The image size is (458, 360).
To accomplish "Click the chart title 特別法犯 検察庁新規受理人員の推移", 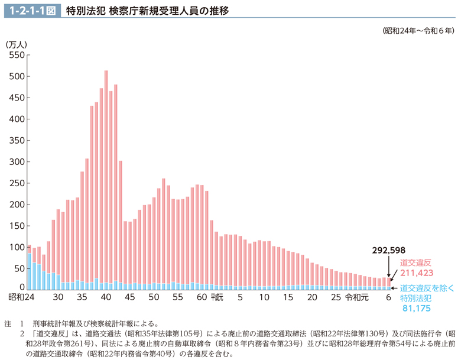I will (x=147, y=10).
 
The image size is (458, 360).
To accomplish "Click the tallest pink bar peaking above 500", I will (x=106, y=177).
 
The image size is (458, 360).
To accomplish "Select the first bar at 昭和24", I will (x=29, y=266).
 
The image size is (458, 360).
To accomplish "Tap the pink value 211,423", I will (x=417, y=273).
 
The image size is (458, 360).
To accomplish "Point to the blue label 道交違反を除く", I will (x=425, y=288).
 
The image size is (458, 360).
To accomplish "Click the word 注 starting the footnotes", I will (x=7, y=323).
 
